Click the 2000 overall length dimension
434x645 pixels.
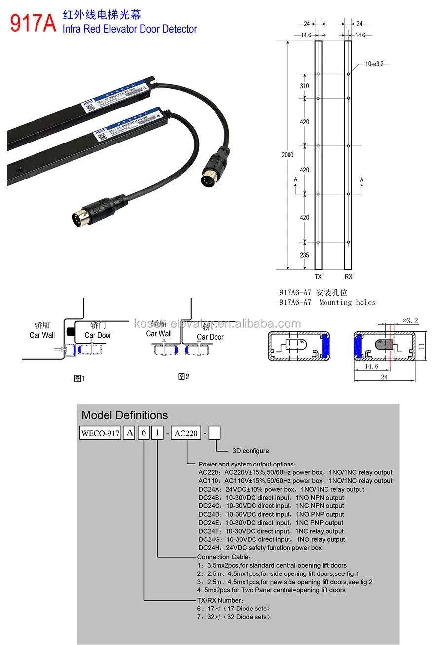point(287,155)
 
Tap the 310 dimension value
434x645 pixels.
point(304,86)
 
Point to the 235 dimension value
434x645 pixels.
point(304,255)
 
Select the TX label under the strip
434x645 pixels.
point(318,277)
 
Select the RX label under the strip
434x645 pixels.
point(348,277)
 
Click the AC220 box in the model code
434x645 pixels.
point(186,433)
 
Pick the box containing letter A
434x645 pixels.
point(129,433)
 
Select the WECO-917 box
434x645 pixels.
point(101,433)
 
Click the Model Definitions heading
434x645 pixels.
point(124,415)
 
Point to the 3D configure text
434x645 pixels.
point(251,451)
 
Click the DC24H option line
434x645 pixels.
point(259,548)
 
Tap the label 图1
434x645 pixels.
point(79,379)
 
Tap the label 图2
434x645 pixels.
point(183,377)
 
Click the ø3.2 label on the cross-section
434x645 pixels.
point(410,320)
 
